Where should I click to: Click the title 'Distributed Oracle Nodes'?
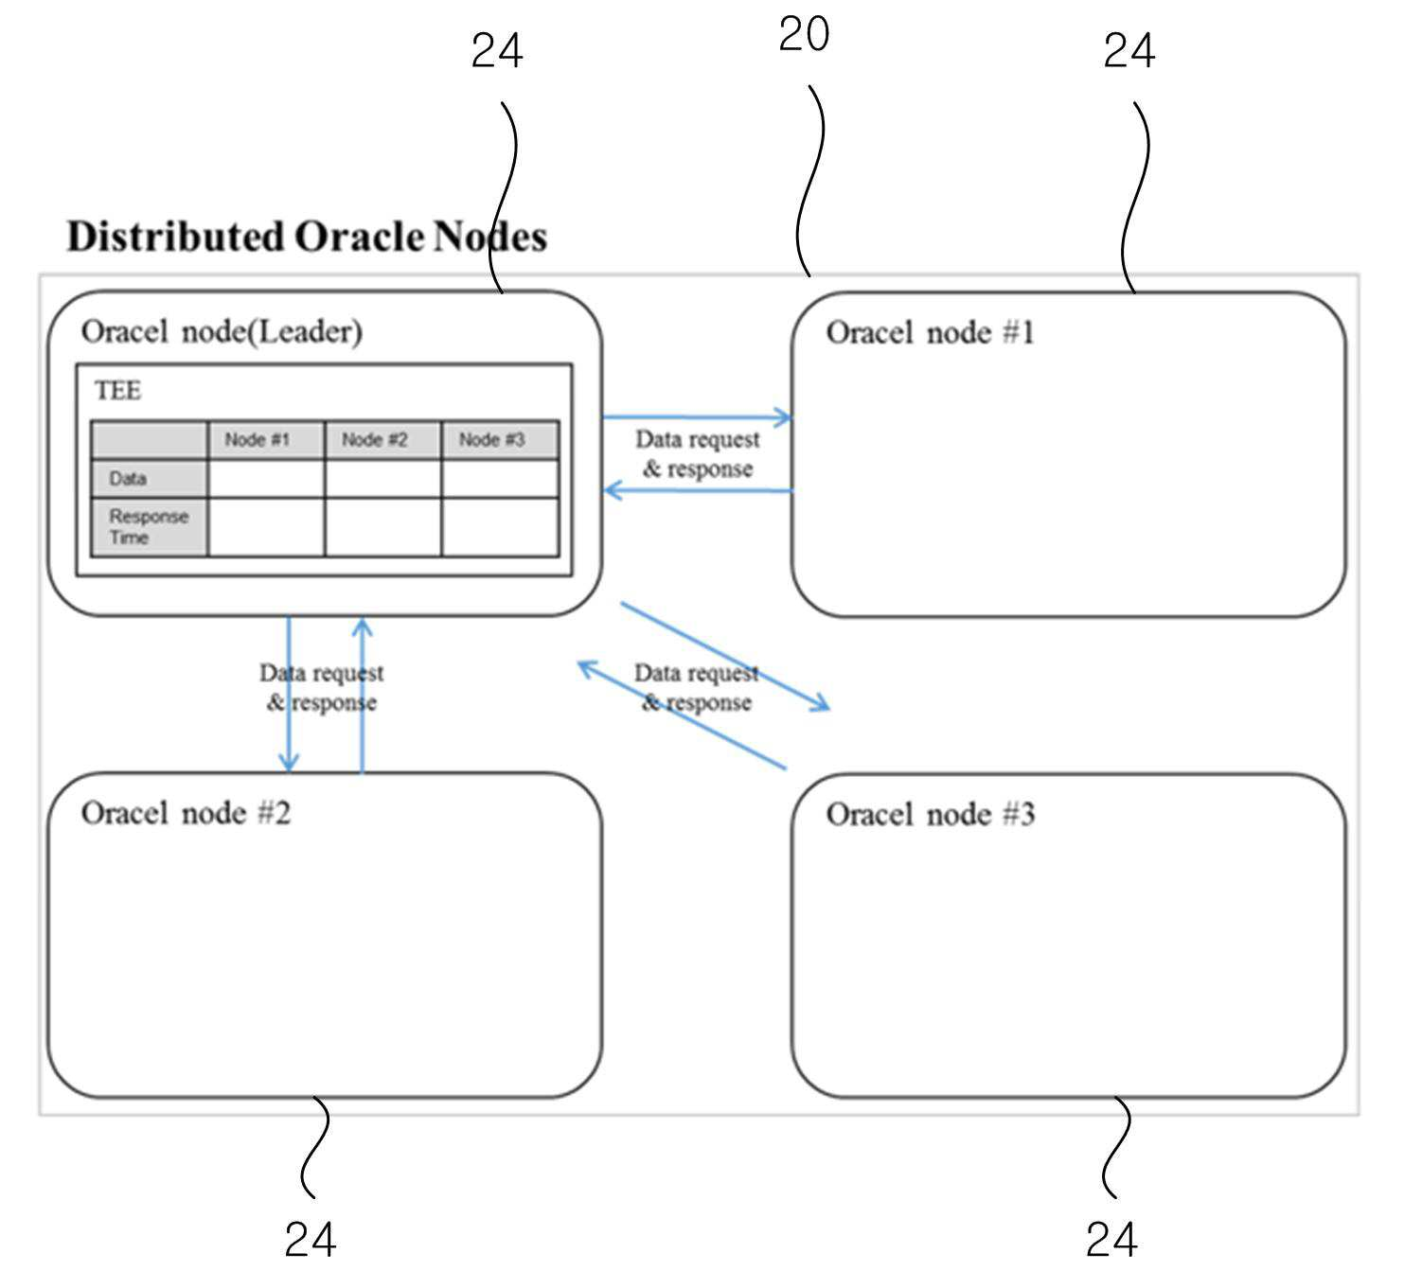pyautogui.click(x=308, y=237)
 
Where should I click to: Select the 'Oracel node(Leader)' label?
pyautogui.click(x=222, y=332)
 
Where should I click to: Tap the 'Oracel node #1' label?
pyautogui.click(x=931, y=332)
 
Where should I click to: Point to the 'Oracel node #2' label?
pyautogui.click(x=186, y=813)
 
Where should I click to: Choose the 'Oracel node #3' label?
pyautogui.click(x=931, y=815)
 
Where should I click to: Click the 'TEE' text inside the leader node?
pyautogui.click(x=117, y=391)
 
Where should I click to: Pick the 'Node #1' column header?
pyautogui.click(x=257, y=439)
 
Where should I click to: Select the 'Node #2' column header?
pyautogui.click(x=375, y=439)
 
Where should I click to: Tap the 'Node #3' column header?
pyautogui.click(x=491, y=439)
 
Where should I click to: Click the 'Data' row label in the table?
pyautogui.click(x=128, y=479)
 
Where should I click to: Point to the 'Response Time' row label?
pyautogui.click(x=149, y=527)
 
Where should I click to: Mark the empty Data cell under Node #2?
pyautogui.click(x=382, y=479)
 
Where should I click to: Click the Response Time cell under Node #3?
pyautogui.click(x=501, y=528)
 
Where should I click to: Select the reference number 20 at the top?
pyautogui.click(x=804, y=34)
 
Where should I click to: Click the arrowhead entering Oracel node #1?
pyautogui.click(x=784, y=418)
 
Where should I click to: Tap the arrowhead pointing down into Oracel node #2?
pyautogui.click(x=289, y=762)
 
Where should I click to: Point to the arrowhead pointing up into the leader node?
pyautogui.click(x=362, y=627)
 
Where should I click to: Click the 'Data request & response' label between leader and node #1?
pyautogui.click(x=697, y=454)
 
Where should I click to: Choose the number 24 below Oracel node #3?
pyautogui.click(x=1111, y=1239)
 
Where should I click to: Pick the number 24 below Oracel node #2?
pyautogui.click(x=311, y=1239)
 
